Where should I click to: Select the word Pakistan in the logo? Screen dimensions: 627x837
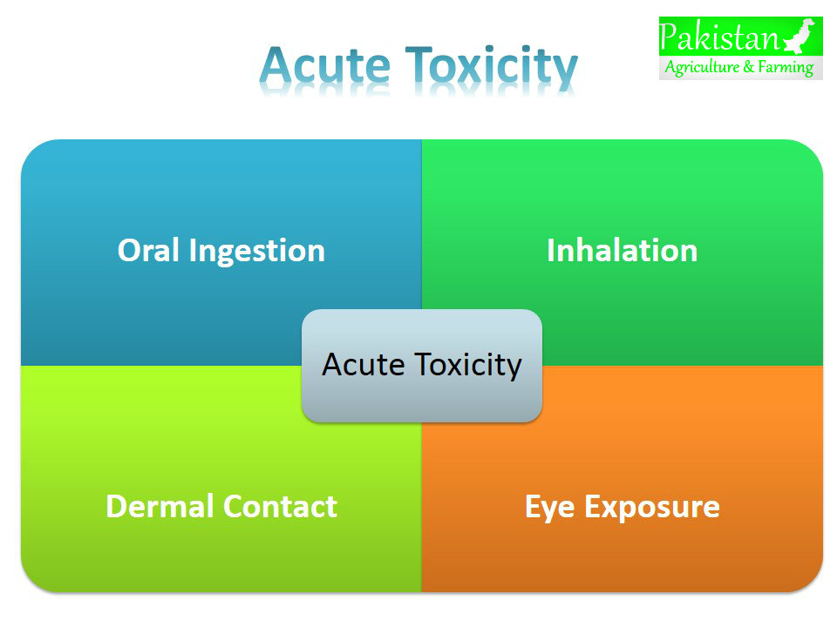(x=719, y=37)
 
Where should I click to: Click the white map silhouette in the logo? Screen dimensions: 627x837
(x=801, y=37)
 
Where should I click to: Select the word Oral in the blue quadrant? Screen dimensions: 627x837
(x=149, y=251)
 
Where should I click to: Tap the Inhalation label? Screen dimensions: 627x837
(x=622, y=251)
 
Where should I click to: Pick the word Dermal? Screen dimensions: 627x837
(x=160, y=506)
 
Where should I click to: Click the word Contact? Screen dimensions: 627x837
(x=280, y=506)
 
